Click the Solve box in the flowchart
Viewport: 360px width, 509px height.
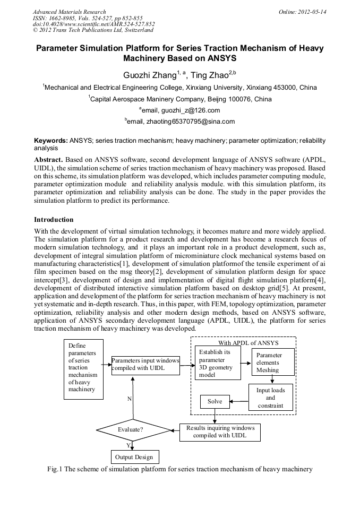(x=215, y=402)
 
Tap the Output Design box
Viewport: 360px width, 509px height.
(x=134, y=457)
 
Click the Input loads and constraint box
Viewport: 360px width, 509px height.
(x=271, y=398)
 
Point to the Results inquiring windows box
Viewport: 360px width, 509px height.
(x=220, y=432)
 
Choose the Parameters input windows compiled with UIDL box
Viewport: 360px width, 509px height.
(x=145, y=365)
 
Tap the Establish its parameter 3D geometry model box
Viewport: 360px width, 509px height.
(x=218, y=364)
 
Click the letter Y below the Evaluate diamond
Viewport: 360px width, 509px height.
(x=128, y=445)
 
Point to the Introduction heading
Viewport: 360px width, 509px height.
(x=54, y=220)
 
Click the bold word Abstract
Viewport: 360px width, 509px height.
(x=49, y=160)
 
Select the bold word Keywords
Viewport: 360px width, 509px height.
(x=51, y=141)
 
